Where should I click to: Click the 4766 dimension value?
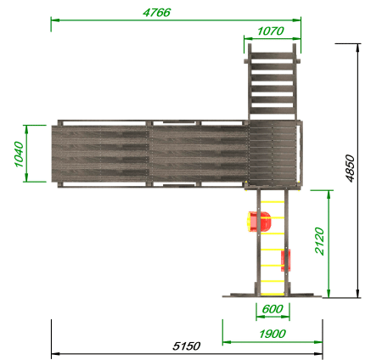click(x=156, y=13)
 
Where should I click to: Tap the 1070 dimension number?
click(x=271, y=31)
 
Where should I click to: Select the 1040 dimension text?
click(x=19, y=155)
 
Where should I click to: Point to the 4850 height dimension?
click(x=350, y=168)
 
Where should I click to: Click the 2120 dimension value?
click(x=319, y=241)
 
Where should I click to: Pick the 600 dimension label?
click(x=272, y=309)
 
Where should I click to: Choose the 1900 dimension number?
click(x=272, y=334)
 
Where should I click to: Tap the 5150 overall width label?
click(x=187, y=346)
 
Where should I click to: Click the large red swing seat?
click(x=259, y=222)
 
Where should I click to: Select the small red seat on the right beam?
click(x=286, y=261)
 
